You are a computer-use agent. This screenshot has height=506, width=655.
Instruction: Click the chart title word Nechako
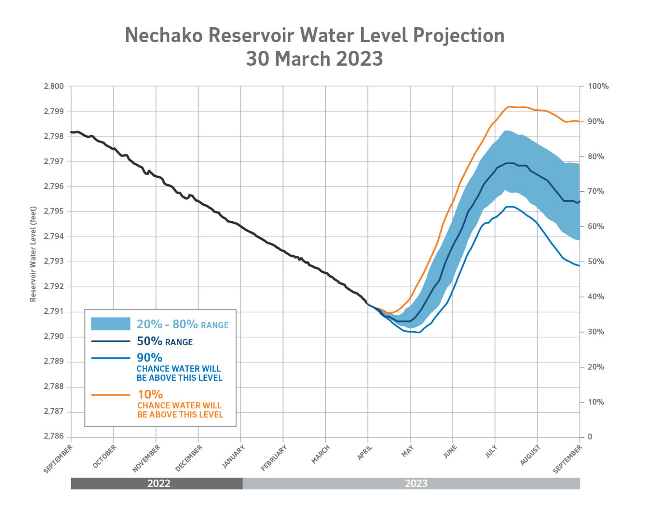point(164,35)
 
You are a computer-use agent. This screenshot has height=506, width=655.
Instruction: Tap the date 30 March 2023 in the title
point(314,59)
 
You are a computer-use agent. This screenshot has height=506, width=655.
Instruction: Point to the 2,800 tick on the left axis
point(54,86)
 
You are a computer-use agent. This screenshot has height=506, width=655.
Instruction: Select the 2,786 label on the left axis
point(54,437)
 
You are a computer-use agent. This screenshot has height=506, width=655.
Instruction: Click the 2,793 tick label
point(54,261)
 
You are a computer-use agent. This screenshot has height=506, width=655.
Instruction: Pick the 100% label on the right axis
point(598,86)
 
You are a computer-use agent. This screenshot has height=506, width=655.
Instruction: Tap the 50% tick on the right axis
point(596,261)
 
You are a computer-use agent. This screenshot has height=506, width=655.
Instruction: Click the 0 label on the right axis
point(590,437)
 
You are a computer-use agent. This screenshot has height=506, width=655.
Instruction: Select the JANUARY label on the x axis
point(234,457)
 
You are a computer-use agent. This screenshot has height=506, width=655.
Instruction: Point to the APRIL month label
point(365,452)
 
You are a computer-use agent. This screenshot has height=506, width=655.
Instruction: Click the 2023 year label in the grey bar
point(416,483)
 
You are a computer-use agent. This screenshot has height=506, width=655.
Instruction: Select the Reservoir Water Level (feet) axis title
point(33,254)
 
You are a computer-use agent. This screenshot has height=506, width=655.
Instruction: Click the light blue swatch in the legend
point(110,324)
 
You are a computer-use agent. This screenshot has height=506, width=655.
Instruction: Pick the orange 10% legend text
point(150,394)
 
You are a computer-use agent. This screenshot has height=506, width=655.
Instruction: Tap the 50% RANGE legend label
point(165,341)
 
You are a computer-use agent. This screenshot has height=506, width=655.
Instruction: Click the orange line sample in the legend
point(110,395)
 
